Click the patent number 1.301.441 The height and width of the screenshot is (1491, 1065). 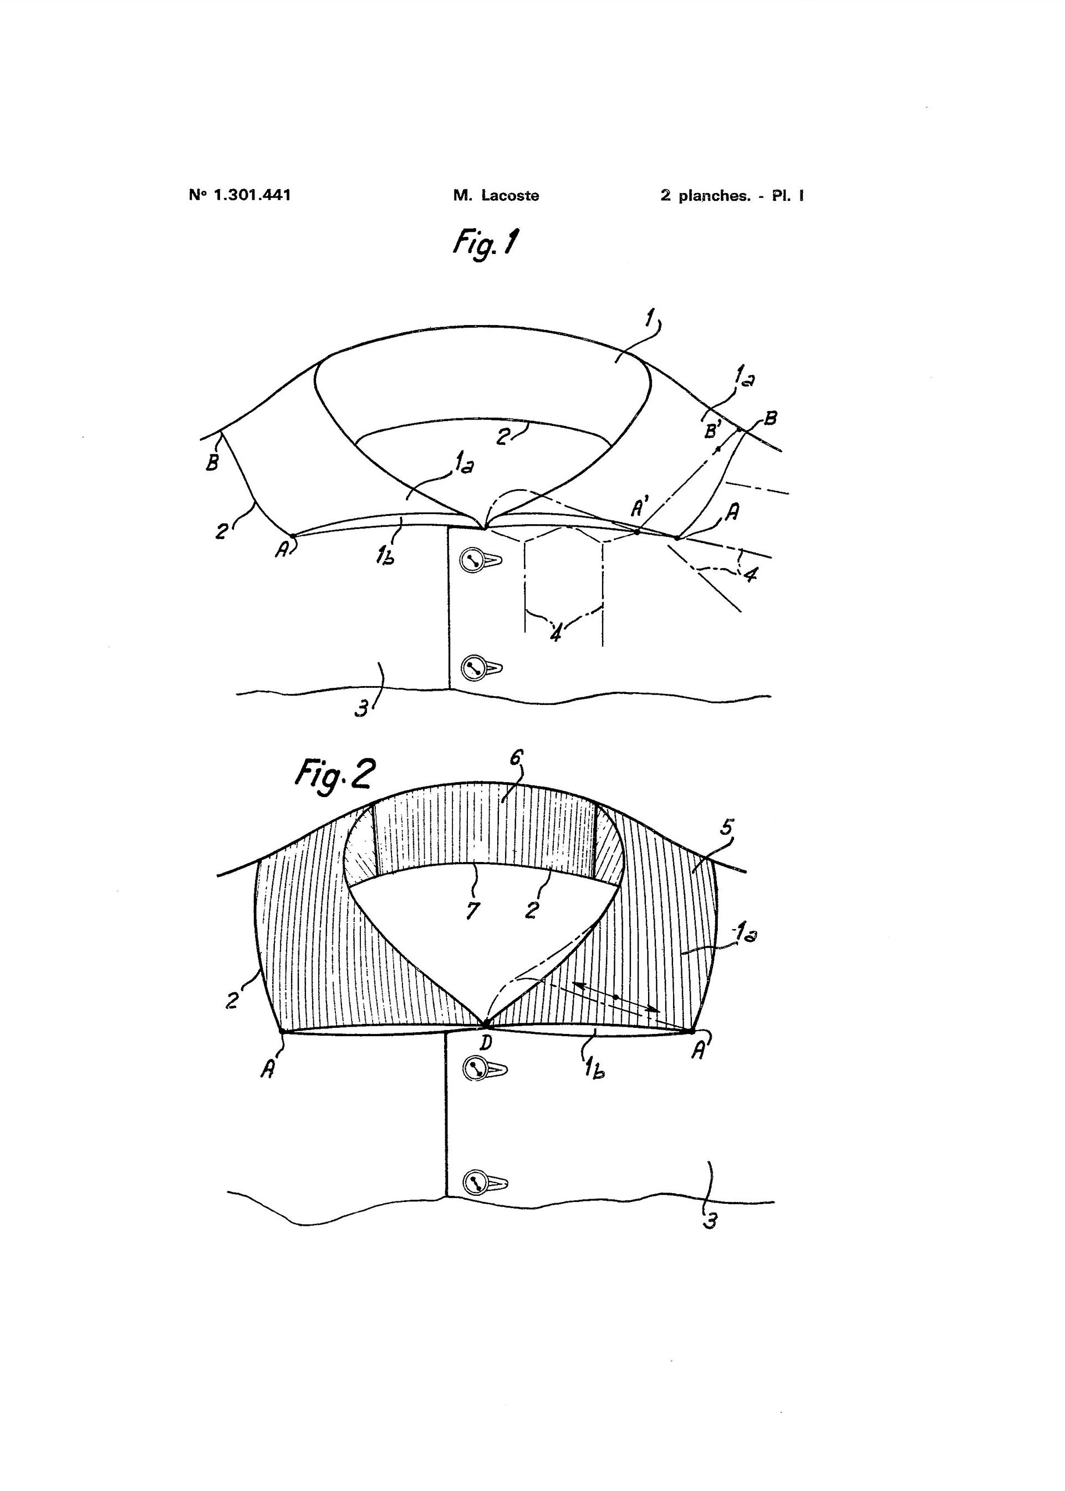pyautogui.click(x=252, y=195)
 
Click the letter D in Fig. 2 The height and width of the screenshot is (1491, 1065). pyautogui.click(x=485, y=1042)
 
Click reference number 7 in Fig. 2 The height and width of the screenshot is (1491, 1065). pyautogui.click(x=473, y=910)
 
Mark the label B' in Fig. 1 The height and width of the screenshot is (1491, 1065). pyautogui.click(x=712, y=432)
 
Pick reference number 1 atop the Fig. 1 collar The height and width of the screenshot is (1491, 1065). pyautogui.click(x=649, y=319)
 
